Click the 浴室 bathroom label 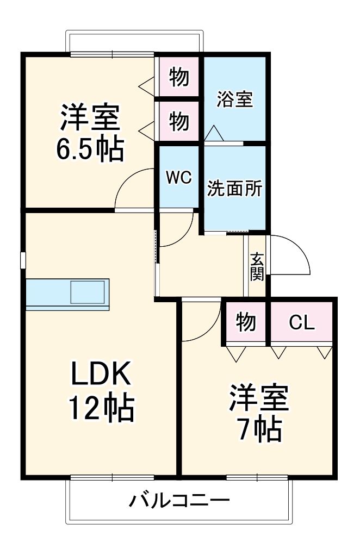[x=235, y=99]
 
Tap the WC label [x=179, y=178]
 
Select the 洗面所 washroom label [x=235, y=189]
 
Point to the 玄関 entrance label [x=257, y=266]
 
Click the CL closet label [x=301, y=323]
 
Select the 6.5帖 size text [x=90, y=148]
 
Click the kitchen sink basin [x=87, y=292]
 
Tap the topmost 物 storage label [x=179, y=77]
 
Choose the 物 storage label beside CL [x=246, y=323]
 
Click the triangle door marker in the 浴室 [x=213, y=134]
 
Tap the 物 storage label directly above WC [x=179, y=121]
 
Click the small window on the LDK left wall [x=23, y=260]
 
